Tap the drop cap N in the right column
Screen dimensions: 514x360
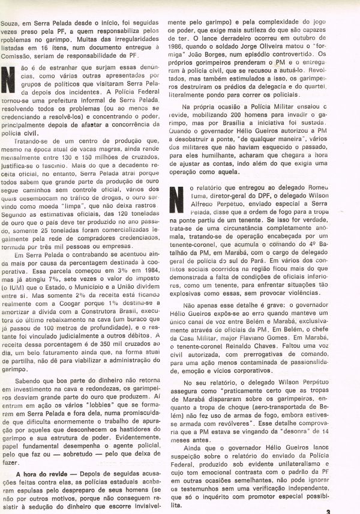tap(177, 198)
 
